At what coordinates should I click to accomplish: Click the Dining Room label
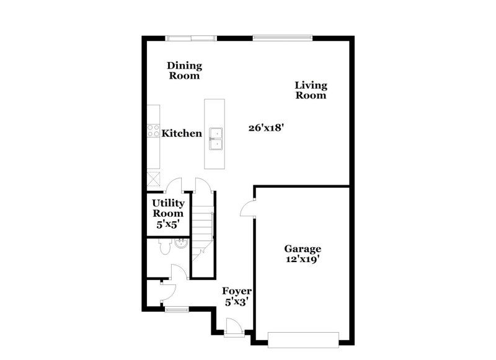185,71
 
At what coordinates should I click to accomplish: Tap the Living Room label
311,90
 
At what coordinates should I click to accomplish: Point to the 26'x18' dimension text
265,128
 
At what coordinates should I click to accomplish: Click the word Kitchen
182,133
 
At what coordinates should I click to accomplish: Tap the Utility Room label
168,208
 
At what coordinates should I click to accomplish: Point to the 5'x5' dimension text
168,224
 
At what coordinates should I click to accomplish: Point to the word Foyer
237,291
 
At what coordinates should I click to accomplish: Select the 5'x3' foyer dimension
237,302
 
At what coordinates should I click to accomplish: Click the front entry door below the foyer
234,327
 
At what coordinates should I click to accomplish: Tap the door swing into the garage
248,208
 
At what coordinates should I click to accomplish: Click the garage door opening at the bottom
303,338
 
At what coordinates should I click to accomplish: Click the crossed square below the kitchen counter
153,179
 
